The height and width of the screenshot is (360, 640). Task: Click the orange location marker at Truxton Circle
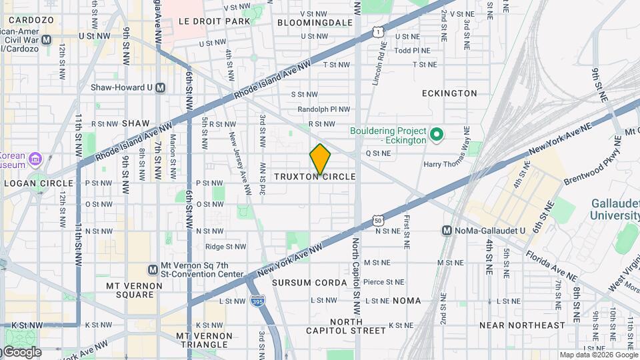coord(320,159)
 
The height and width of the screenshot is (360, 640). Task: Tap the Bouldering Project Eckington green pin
coord(437,135)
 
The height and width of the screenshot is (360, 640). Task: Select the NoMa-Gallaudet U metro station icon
coord(448,231)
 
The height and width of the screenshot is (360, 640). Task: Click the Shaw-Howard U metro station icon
coord(159,87)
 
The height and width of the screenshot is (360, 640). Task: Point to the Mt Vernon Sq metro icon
coord(153,269)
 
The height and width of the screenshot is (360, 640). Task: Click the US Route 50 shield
coord(378,220)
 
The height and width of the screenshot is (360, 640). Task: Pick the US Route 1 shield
coord(378,31)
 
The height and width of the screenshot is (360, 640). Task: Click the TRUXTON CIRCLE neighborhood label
coord(315,177)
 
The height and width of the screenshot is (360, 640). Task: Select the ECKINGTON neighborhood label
coord(449,93)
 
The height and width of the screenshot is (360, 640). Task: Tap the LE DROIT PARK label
coord(214,21)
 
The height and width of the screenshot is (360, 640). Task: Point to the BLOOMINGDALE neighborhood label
coord(314,22)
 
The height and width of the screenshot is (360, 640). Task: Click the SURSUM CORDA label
coord(310,283)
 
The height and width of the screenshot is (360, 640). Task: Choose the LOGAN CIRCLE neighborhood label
coord(39,183)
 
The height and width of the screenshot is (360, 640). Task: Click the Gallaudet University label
coord(614,209)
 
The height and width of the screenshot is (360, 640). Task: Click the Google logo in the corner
coord(21,352)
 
